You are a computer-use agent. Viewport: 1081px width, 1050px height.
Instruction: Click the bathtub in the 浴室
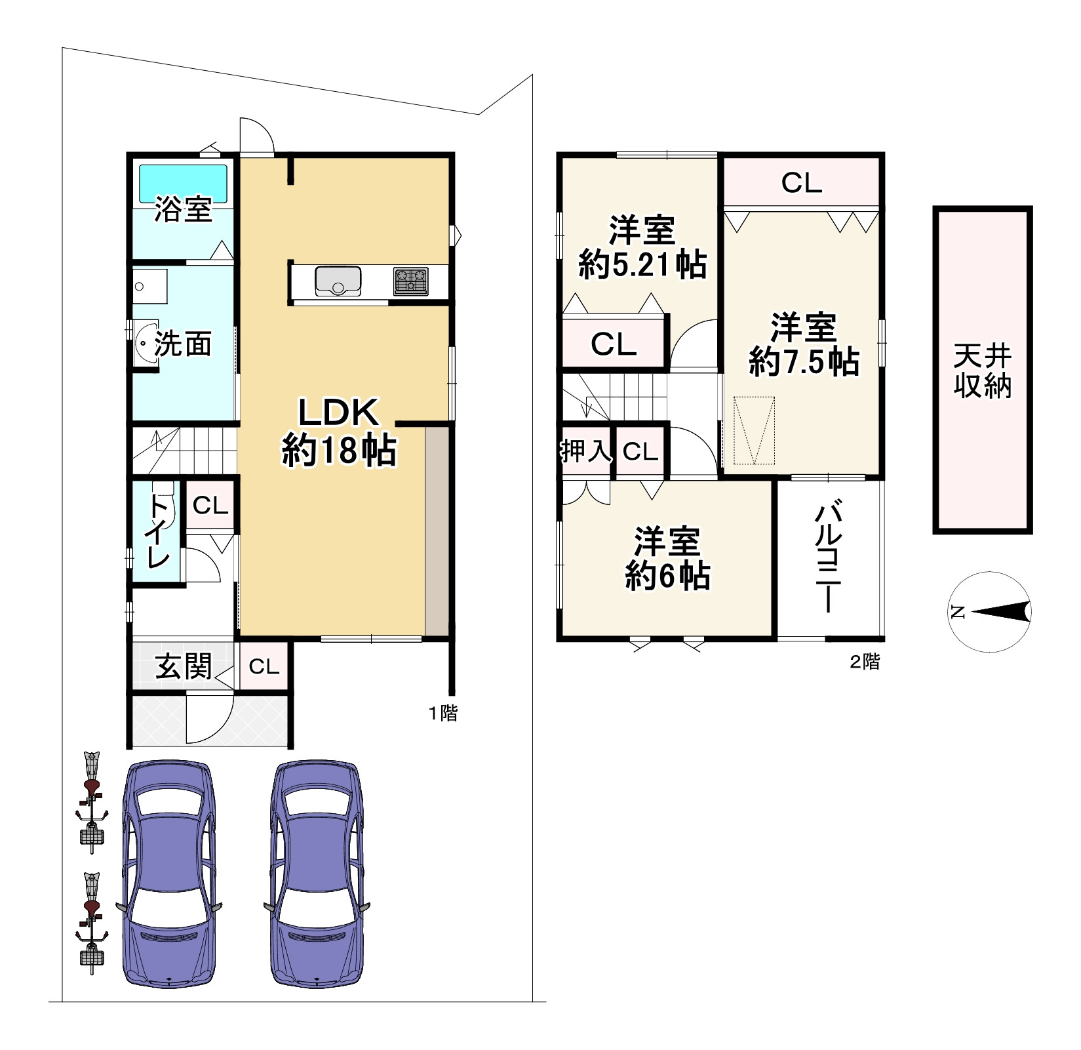183,183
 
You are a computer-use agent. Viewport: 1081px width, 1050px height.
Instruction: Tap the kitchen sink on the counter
338,281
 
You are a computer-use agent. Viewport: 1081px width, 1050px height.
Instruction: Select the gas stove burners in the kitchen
411,281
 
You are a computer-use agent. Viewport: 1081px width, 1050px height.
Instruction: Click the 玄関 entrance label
183,667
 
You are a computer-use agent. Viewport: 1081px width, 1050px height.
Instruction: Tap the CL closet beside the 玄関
264,667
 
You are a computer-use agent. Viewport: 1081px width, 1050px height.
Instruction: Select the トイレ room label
158,531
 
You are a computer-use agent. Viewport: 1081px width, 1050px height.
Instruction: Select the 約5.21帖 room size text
642,265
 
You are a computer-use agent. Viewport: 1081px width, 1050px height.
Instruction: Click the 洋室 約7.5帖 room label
804,344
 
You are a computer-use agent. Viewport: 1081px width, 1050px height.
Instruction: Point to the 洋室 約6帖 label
667,559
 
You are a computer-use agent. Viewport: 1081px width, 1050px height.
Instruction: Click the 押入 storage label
585,451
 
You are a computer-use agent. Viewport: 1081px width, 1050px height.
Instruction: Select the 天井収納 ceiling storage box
982,371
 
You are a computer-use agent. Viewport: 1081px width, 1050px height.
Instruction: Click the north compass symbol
989,613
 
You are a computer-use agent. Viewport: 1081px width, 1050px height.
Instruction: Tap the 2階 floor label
865,662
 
